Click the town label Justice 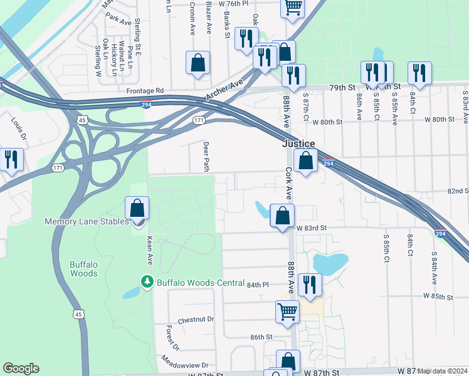click(298, 144)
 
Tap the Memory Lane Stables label click(87, 221)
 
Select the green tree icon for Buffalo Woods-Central click(147, 283)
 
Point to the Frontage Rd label click(144, 91)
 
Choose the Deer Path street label click(206, 155)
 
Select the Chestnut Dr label click(196, 319)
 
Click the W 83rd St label click(312, 227)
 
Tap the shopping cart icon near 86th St click(287, 311)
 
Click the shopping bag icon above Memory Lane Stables click(137, 208)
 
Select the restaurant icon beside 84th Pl click(310, 285)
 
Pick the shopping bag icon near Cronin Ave click(198, 63)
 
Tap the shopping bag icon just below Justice click(305, 160)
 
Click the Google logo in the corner click(21, 368)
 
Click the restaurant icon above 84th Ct click(419, 73)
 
